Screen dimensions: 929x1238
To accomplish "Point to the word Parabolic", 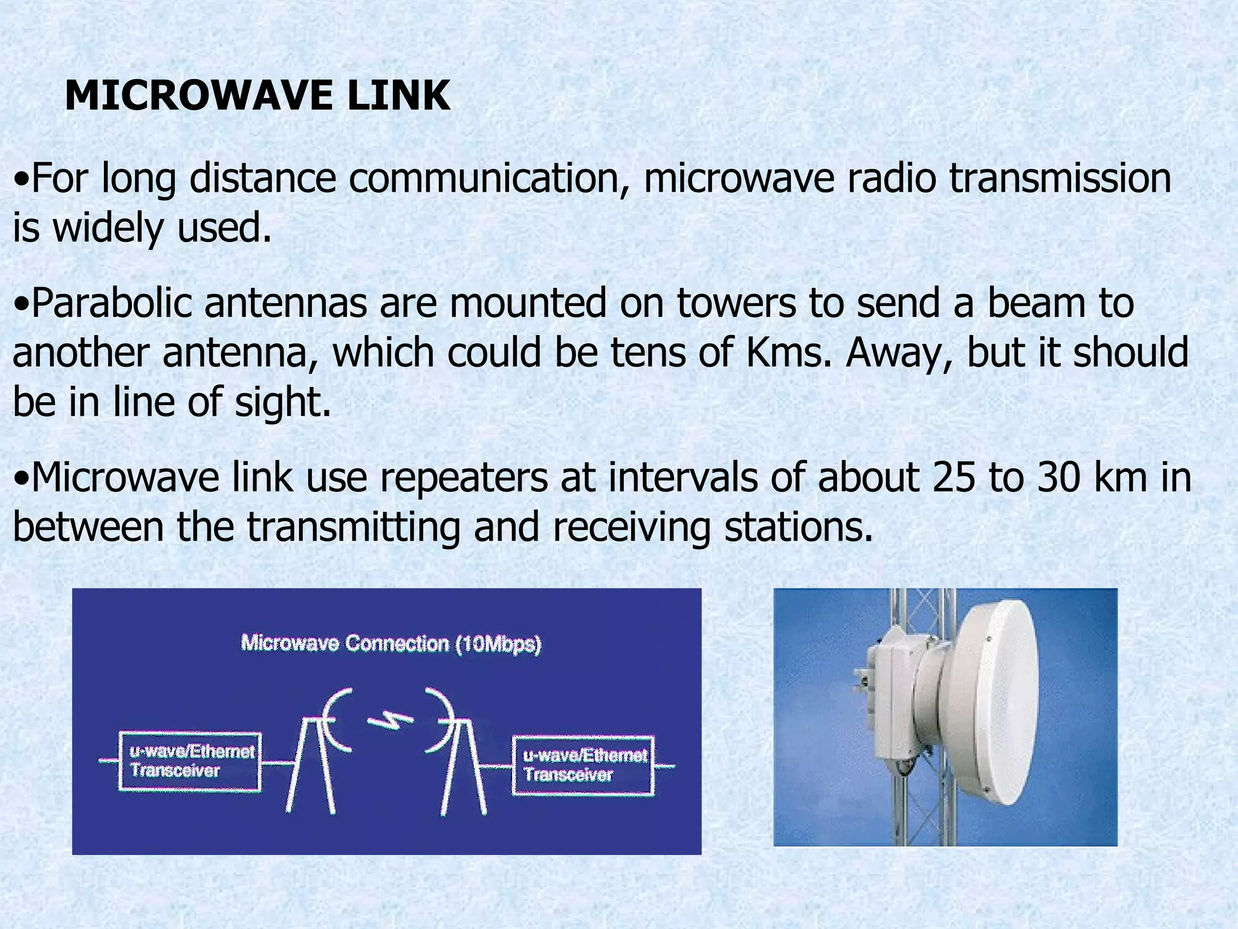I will (x=109, y=304).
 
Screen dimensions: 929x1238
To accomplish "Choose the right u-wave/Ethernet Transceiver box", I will (x=583, y=765).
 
